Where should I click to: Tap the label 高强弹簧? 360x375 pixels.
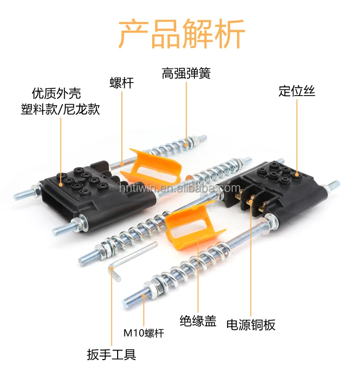(186, 73)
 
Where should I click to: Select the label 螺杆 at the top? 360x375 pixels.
(121, 83)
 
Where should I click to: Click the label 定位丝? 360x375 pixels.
(297, 91)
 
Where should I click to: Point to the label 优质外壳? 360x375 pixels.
(56, 93)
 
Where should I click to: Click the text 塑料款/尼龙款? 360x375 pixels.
(60, 109)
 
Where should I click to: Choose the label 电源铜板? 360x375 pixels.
(251, 325)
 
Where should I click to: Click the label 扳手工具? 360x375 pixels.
(111, 355)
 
